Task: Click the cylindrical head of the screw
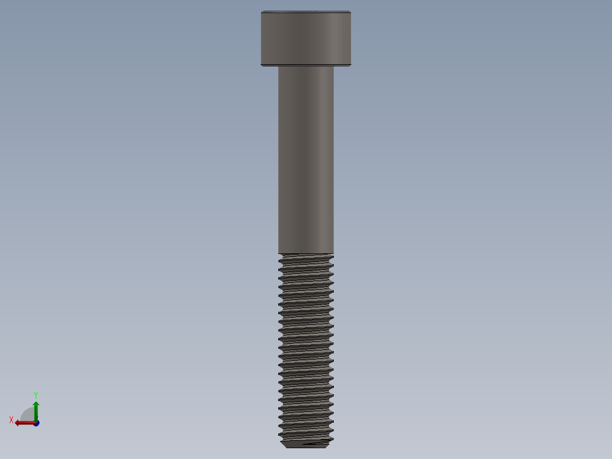pos(305,38)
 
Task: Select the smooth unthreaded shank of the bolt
pos(305,159)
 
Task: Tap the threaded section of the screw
pos(305,347)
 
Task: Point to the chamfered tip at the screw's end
pos(305,444)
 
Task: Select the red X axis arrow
pos(25,423)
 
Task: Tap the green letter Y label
pos(36,394)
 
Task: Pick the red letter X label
pos(11,420)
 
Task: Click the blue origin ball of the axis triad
pos(36,423)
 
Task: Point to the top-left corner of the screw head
pos(262,12)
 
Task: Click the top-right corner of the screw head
pos(350,12)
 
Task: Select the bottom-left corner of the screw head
pos(262,65)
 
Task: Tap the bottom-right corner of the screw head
pos(350,65)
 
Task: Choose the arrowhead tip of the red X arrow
pos(15,423)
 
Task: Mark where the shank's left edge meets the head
pos(278,67)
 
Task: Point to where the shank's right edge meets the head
pos(334,67)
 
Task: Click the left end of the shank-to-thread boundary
pos(278,253)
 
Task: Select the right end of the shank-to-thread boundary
pos(334,253)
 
